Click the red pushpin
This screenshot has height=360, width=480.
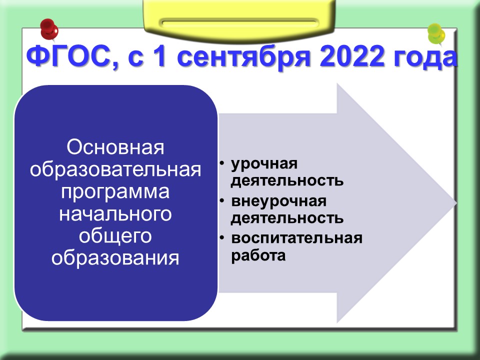pyautogui.click(x=49, y=29)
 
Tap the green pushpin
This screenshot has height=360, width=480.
pyautogui.click(x=436, y=33)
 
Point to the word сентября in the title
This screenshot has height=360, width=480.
pyautogui.click(x=244, y=58)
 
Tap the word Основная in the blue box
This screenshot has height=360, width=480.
pyautogui.click(x=115, y=147)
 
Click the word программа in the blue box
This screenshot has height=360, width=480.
pyautogui.click(x=115, y=192)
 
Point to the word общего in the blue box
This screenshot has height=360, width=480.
pyautogui.click(x=115, y=236)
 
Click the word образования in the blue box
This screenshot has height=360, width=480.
pyautogui.click(x=115, y=258)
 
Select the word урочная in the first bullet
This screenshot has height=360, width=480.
pyautogui.click(x=264, y=164)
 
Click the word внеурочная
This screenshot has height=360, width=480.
pyautogui.click(x=279, y=202)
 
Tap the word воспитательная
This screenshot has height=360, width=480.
pyautogui.click(x=296, y=238)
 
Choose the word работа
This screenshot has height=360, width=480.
pyautogui.click(x=258, y=256)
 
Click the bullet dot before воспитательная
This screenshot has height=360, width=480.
pyautogui.click(x=222, y=238)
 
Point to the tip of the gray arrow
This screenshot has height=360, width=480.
pyautogui.click(x=456, y=202)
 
